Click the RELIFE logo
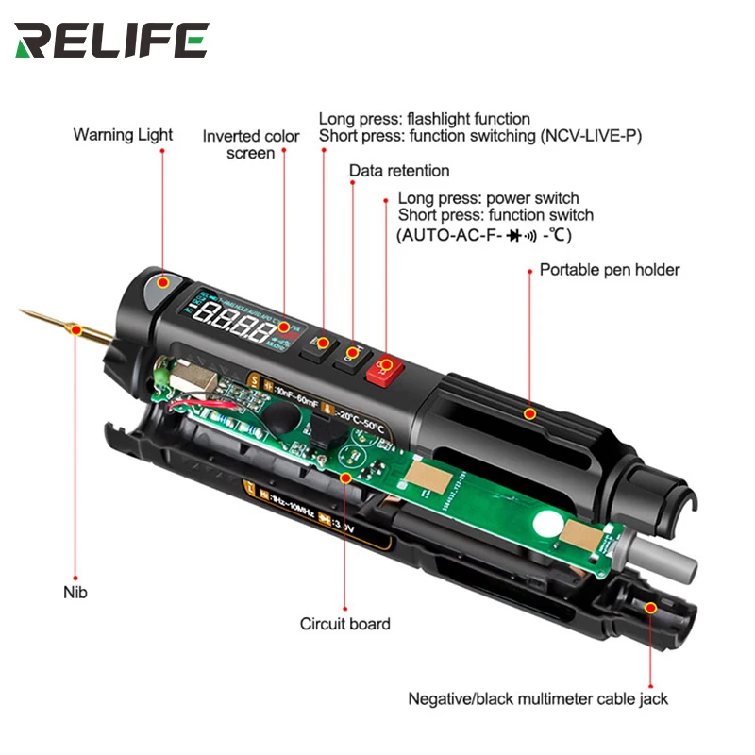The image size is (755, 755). [111, 40]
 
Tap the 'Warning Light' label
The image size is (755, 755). [123, 135]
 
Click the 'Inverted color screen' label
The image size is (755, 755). [251, 144]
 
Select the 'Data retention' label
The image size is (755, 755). [399, 171]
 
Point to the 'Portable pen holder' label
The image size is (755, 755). [610, 270]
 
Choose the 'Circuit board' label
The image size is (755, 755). [344, 623]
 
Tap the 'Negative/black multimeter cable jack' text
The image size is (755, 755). [538, 699]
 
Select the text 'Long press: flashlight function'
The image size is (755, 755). [424, 119]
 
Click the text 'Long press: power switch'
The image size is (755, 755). [488, 198]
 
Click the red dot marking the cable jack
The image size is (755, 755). [650, 608]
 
